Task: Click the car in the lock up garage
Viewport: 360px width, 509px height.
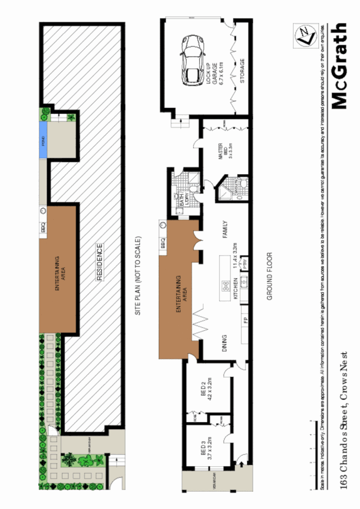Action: (x=192, y=61)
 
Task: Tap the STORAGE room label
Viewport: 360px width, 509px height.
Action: (x=242, y=71)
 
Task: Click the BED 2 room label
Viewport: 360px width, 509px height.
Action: (x=206, y=390)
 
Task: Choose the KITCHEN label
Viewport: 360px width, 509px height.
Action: (x=235, y=288)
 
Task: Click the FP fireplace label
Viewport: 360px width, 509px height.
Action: (x=245, y=320)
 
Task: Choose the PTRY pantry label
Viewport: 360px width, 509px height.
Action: (x=244, y=263)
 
